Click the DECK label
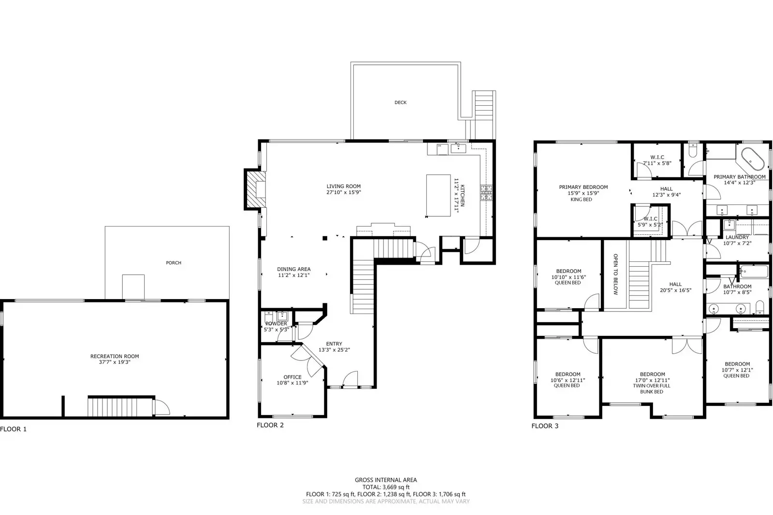[x=400, y=102]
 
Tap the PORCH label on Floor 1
[x=174, y=263]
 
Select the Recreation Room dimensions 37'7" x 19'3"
[x=115, y=362]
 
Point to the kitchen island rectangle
[x=438, y=195]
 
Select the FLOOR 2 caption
[x=270, y=425]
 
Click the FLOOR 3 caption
[x=545, y=426]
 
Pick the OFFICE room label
[x=292, y=377]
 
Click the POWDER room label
[x=276, y=324]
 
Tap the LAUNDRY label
[x=737, y=237]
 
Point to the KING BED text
[x=581, y=200]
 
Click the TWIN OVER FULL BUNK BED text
[x=652, y=388]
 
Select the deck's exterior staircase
[x=483, y=115]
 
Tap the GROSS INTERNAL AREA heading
[x=386, y=480]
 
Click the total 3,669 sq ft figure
[x=386, y=487]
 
